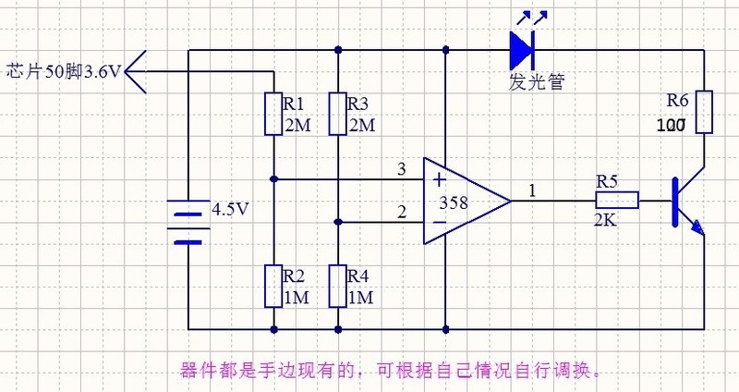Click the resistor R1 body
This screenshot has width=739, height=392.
(274, 114)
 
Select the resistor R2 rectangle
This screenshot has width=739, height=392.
(274, 285)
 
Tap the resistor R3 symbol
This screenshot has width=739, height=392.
(339, 114)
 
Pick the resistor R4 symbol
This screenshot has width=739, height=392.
(339, 285)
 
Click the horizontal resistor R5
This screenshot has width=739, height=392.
(616, 200)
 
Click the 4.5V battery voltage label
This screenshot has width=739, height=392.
(230, 209)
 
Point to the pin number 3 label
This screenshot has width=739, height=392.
(401, 169)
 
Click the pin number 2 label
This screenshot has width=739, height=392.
(401, 213)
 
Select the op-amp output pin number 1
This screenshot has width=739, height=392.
(531, 190)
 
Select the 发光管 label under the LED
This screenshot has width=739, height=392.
(536, 81)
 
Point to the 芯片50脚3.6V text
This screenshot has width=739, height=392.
(63, 70)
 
